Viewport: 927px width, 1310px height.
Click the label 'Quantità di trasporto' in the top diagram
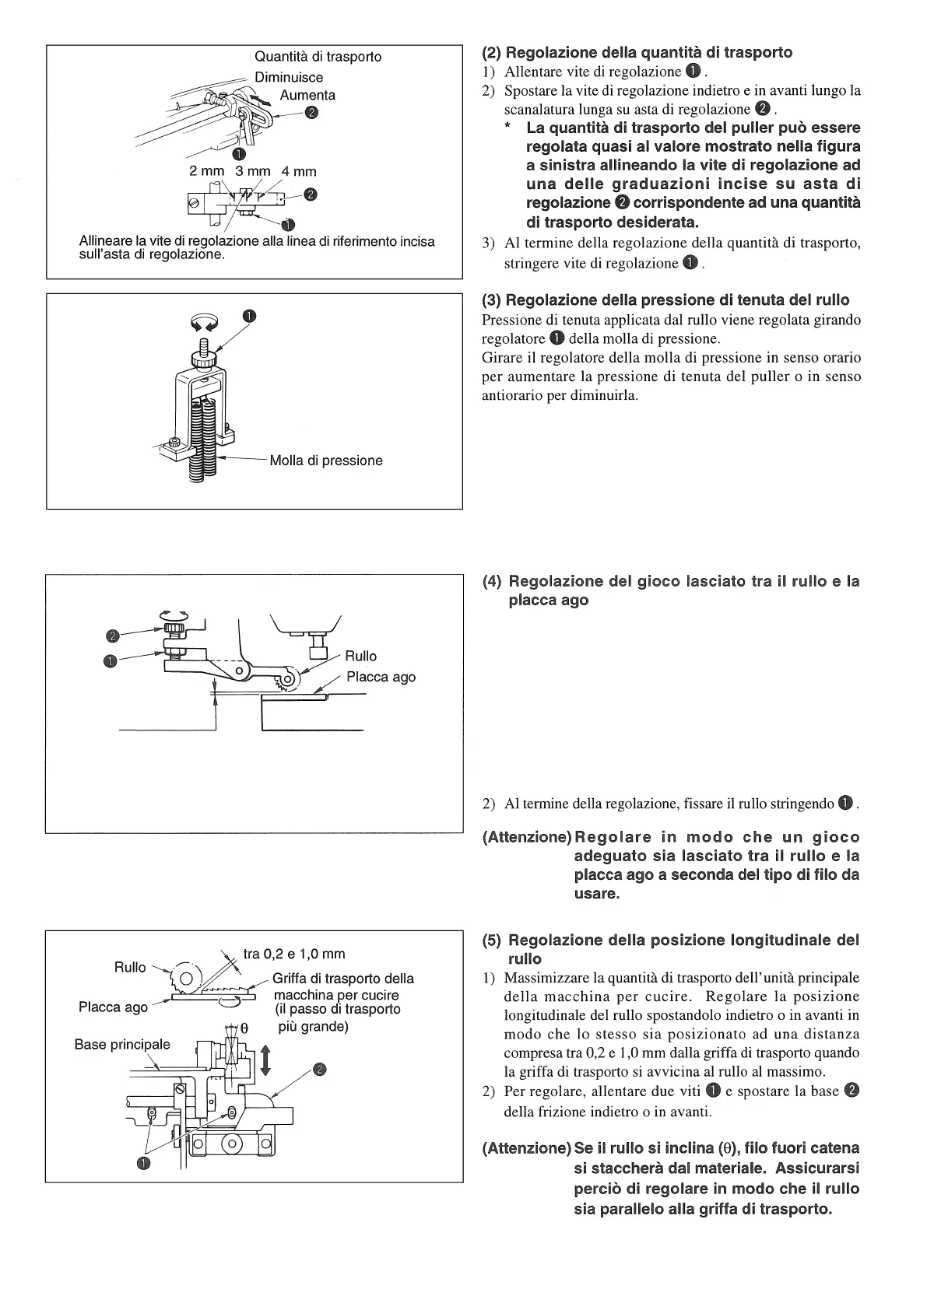point(318,57)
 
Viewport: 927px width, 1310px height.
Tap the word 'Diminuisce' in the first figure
point(289,77)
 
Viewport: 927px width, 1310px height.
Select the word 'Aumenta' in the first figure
point(307,95)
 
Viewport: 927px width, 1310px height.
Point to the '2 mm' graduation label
point(206,171)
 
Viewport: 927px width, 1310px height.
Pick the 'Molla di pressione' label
point(326,461)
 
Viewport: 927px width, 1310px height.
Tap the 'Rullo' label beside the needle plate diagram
point(360,656)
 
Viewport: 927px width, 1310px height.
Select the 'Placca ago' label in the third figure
point(381,677)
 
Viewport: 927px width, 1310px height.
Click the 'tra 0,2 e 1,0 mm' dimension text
point(293,954)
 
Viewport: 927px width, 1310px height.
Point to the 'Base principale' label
point(122,1044)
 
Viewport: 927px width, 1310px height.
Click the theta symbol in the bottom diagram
point(243,1028)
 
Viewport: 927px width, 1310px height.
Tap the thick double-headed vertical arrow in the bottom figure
point(265,1060)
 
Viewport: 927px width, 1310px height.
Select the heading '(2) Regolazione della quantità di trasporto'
point(637,53)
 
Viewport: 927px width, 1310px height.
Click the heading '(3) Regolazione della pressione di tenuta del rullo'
point(665,300)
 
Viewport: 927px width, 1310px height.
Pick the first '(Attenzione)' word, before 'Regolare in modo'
point(527,838)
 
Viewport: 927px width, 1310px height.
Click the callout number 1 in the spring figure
point(248,316)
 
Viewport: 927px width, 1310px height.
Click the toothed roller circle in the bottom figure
point(187,978)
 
